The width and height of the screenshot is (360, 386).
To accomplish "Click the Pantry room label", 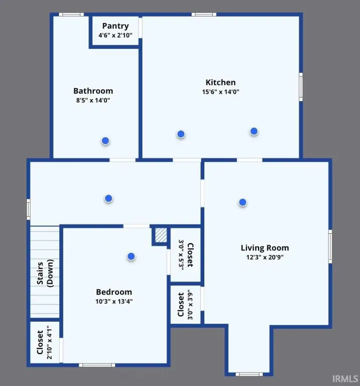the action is pyautogui.click(x=115, y=26).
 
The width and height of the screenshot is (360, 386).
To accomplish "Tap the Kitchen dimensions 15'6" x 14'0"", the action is pyautogui.click(x=220, y=92).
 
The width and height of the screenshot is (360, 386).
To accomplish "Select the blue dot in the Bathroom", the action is pyautogui.click(x=105, y=141).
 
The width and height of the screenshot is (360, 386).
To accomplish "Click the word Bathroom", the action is pyautogui.click(x=93, y=91).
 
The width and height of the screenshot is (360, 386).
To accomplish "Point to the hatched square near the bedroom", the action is pyautogui.click(x=161, y=236).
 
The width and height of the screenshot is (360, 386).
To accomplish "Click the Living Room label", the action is pyautogui.click(x=265, y=248).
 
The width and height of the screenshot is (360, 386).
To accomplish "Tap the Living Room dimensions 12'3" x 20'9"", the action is pyautogui.click(x=265, y=257).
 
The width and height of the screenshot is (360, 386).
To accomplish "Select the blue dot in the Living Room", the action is pyautogui.click(x=243, y=203).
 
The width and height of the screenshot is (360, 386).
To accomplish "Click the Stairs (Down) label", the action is pyautogui.click(x=45, y=273).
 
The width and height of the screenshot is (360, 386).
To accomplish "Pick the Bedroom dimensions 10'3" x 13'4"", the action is pyautogui.click(x=114, y=302).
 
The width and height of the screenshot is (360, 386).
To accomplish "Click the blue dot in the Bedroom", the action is pyautogui.click(x=131, y=256).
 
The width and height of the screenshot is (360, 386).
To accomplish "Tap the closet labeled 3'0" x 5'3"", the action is pyautogui.click(x=186, y=255).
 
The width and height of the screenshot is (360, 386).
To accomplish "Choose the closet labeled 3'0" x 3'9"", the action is pyautogui.click(x=185, y=305).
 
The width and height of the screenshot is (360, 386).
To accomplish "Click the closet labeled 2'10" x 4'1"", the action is pyautogui.click(x=45, y=342).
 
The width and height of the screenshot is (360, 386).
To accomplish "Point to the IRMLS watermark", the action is pyautogui.click(x=345, y=378).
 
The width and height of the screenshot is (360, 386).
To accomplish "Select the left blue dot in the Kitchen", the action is pyautogui.click(x=181, y=134).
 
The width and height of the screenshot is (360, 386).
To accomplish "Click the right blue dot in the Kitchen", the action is pyautogui.click(x=254, y=131).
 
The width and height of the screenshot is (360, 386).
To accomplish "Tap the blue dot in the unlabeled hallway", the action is pyautogui.click(x=108, y=199).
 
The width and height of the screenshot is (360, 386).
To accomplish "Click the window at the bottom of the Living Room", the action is pyautogui.click(x=249, y=374).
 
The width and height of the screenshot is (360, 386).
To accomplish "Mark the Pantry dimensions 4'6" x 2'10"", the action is pyautogui.click(x=115, y=36).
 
